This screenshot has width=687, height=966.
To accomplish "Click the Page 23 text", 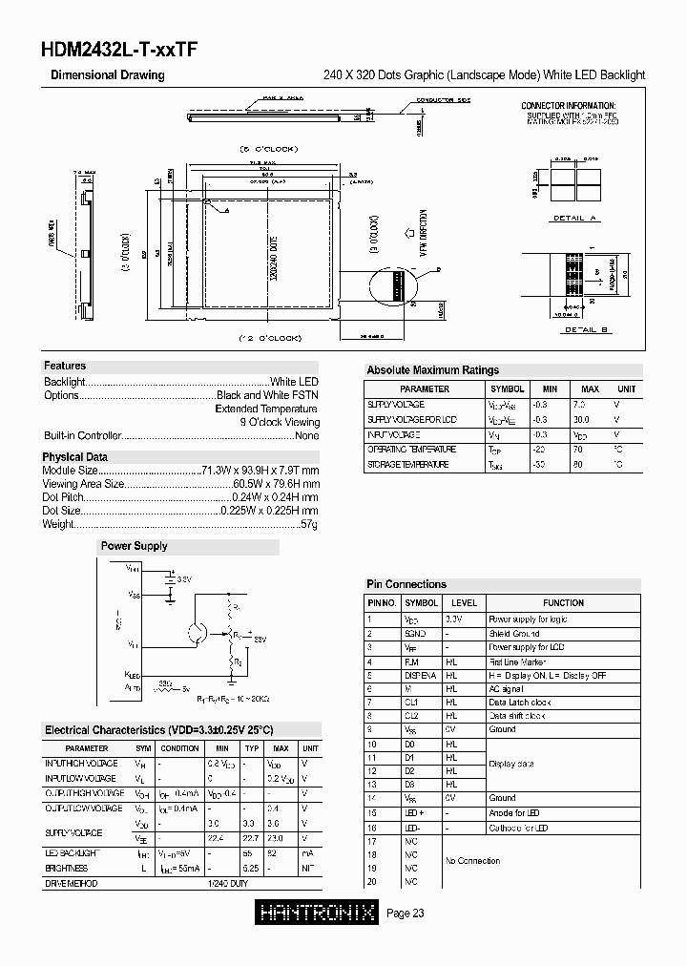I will (x=406, y=914).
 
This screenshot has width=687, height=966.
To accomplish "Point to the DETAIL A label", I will (x=574, y=219).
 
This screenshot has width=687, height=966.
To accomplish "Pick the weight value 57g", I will (x=309, y=525).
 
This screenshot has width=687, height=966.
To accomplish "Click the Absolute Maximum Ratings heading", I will (x=432, y=370).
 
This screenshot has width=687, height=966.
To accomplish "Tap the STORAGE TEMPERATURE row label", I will (x=407, y=465).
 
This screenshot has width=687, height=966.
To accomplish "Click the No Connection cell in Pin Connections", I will (x=471, y=861).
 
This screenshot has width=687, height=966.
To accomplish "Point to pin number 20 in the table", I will (x=372, y=882).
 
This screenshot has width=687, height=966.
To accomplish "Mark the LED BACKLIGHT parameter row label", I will (x=73, y=852).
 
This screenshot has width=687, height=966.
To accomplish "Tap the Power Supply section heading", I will (x=134, y=547).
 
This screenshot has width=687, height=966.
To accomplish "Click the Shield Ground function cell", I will (x=514, y=633).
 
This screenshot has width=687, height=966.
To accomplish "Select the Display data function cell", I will (x=511, y=764).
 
